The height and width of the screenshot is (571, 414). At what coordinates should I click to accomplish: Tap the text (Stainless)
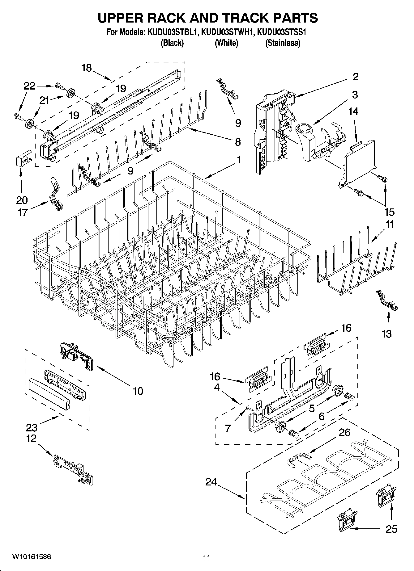pyautogui.click(x=283, y=43)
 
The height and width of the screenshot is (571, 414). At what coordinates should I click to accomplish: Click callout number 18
pyautogui.click(x=87, y=68)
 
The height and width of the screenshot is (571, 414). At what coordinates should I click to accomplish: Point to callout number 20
pyautogui.click(x=22, y=200)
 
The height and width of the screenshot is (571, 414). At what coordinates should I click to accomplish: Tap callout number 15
pyautogui.click(x=389, y=212)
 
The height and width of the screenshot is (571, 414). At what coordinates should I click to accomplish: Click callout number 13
pyautogui.click(x=387, y=334)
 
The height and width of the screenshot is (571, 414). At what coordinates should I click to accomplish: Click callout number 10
pyautogui.click(x=138, y=391)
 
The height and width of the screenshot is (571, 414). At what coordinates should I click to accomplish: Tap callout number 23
pyautogui.click(x=32, y=427)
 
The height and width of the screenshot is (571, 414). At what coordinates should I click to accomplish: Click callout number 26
pyautogui.click(x=344, y=432)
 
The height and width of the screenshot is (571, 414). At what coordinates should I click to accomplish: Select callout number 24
pyautogui.click(x=211, y=482)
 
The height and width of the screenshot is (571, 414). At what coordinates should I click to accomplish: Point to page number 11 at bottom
pyautogui.click(x=207, y=557)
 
